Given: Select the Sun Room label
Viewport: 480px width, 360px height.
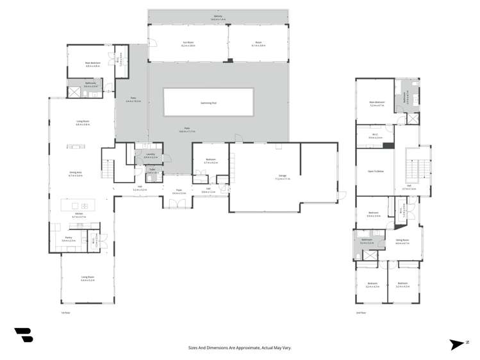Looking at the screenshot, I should click(187, 44).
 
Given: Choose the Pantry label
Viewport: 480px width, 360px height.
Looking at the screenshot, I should click(69, 239).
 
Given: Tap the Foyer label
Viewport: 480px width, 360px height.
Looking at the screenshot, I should click(179, 191).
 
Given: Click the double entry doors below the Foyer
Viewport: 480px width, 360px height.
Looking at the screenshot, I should click(176, 203).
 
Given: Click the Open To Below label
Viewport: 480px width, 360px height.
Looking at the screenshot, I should click(376, 172).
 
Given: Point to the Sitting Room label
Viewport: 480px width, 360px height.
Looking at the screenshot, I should click(402, 241).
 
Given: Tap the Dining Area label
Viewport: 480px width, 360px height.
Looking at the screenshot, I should click(76, 174).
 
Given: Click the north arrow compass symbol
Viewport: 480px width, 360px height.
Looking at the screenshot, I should click(456, 345).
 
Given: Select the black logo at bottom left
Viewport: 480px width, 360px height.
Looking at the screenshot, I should click(23, 335).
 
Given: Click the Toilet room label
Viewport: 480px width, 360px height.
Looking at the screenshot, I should click(152, 170).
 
